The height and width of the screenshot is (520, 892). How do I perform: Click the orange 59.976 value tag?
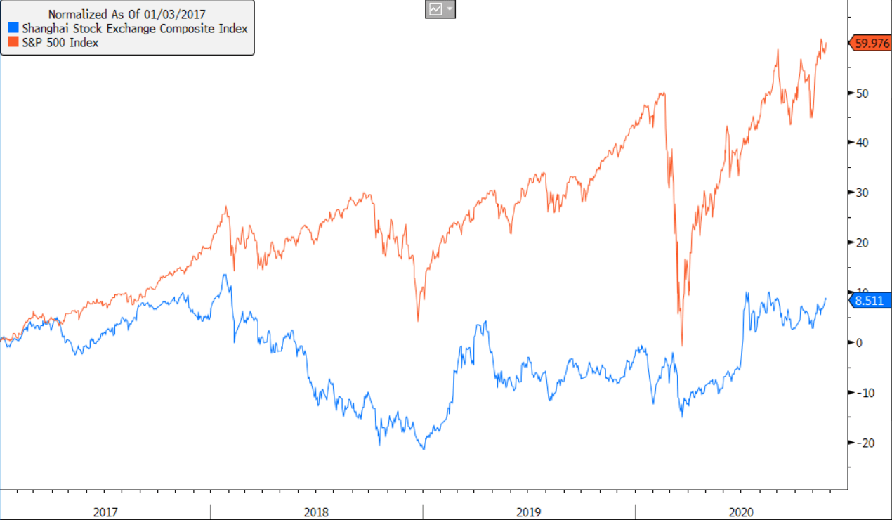[x=872, y=43]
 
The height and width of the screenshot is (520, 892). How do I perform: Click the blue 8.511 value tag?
[x=872, y=301]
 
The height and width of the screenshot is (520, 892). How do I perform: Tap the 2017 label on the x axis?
[x=105, y=512]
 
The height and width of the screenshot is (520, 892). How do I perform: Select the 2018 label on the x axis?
[x=317, y=512]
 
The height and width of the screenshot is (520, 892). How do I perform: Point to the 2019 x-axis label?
[x=529, y=512]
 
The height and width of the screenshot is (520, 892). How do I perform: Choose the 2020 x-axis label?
[x=741, y=512]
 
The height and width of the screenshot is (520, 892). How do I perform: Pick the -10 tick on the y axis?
[x=860, y=392]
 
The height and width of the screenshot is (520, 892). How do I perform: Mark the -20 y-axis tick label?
[x=860, y=442]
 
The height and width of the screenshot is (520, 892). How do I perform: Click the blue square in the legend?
[x=13, y=29]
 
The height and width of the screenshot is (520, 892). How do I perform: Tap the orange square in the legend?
[x=13, y=42]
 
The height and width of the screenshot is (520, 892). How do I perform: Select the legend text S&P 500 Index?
[x=60, y=42]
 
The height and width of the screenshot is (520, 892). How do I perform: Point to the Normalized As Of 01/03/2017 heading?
[x=126, y=14]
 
